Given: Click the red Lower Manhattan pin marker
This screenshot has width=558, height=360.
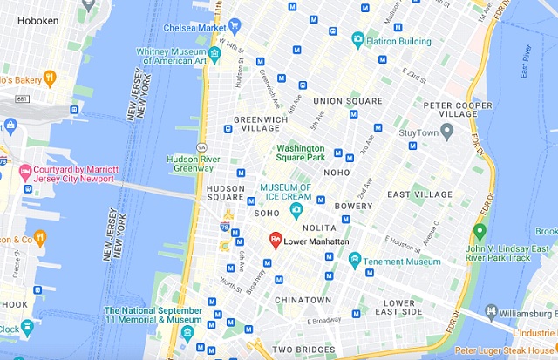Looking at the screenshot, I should [x=275, y=239].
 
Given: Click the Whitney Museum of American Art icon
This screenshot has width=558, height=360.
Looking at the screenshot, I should [x=214, y=55].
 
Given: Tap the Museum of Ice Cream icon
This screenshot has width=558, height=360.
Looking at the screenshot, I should [x=296, y=209].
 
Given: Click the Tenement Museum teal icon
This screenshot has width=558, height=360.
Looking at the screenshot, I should [x=355, y=260].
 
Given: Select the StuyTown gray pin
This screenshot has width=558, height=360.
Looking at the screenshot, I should [x=446, y=132].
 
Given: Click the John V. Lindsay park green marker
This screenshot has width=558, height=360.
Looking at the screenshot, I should [x=478, y=232].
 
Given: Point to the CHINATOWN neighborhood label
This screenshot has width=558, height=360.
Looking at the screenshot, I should [x=302, y=300].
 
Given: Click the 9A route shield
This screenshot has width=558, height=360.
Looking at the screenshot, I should [x=201, y=147].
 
